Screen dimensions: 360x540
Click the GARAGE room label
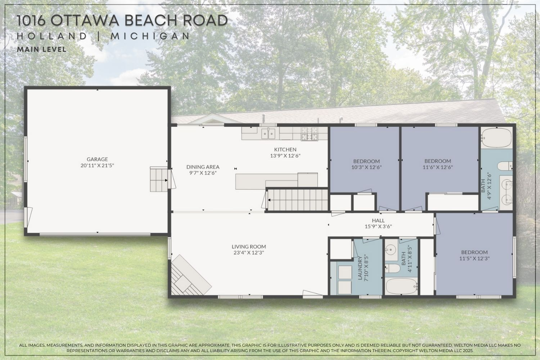(97, 159)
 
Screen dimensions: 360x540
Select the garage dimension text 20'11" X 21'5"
(97, 166)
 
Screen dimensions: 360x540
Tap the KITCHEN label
(285, 149)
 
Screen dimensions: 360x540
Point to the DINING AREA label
(203, 167)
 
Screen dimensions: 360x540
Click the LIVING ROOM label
(249, 247)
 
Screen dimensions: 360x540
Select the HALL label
(378, 220)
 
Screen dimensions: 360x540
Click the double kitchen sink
(268, 134)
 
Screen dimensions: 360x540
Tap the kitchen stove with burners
(310, 134)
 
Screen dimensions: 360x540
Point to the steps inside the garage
(158, 179)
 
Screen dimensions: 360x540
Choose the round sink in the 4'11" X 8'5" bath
(390, 249)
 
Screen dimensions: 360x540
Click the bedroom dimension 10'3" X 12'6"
(366, 167)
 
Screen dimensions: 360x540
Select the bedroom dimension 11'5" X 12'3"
(474, 258)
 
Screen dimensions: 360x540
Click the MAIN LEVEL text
(42, 50)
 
